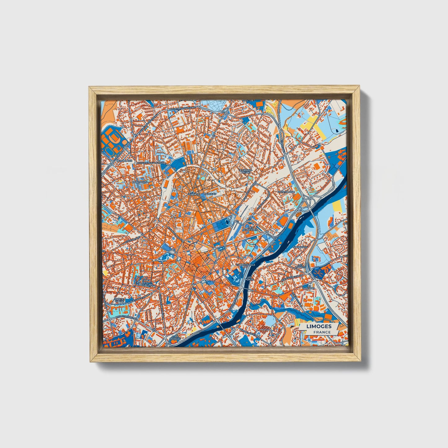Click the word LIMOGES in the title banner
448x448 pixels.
(x=319, y=326)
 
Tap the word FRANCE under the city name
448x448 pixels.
(x=322, y=332)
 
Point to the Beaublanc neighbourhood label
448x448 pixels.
(x=124, y=161)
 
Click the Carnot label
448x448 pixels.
(x=194, y=194)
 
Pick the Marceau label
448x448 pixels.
(x=209, y=194)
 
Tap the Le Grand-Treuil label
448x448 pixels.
(x=245, y=171)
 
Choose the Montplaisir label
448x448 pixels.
(x=286, y=192)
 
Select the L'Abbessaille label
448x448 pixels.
(x=246, y=265)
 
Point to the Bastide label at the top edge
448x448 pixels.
(x=248, y=100)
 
